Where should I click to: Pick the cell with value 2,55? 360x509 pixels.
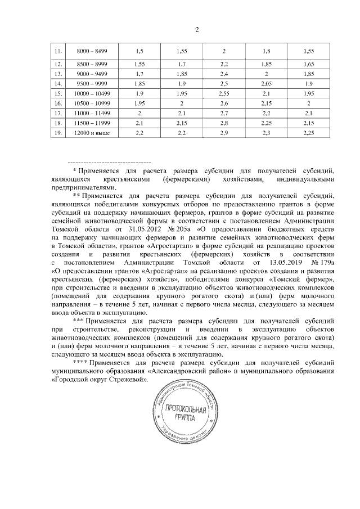pos(224,93)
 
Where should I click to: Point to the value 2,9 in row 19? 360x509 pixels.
pos(224,133)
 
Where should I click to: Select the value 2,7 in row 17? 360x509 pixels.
pos(224,113)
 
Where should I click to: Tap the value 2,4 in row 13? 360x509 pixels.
pos(224,73)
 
